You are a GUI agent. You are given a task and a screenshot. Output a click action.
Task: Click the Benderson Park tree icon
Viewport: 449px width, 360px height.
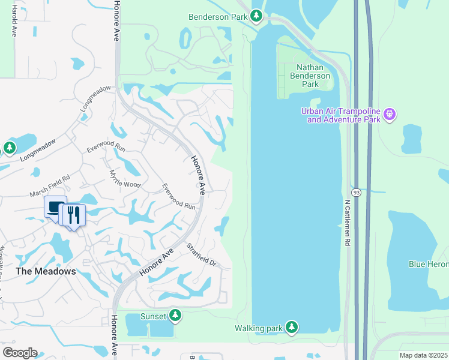(x=257, y=16)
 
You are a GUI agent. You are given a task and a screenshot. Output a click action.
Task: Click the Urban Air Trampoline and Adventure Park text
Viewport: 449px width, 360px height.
(x=343, y=116)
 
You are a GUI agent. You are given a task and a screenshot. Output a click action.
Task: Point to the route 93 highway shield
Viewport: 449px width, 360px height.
(x=356, y=192)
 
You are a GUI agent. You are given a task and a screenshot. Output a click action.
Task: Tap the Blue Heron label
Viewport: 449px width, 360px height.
(x=429, y=264)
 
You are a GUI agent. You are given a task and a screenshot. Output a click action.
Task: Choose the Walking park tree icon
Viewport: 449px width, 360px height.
(x=291, y=327)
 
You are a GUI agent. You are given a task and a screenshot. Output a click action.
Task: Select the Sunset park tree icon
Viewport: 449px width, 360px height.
(x=175, y=315)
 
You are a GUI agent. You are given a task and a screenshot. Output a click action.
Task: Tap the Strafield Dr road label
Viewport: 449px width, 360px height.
(x=200, y=255)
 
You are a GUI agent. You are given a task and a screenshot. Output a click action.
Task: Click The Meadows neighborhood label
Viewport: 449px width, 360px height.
(x=46, y=271)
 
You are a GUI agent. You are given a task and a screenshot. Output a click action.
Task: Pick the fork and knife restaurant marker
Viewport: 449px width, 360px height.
(x=74, y=215)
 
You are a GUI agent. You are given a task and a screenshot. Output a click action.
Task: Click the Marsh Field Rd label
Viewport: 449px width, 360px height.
(x=50, y=185)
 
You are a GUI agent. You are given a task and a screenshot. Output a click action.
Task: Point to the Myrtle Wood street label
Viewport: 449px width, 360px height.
(x=124, y=179)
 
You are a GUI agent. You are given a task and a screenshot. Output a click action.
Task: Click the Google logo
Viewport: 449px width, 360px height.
(x=20, y=352)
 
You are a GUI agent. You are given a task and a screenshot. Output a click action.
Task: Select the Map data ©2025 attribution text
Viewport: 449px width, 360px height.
(x=423, y=355)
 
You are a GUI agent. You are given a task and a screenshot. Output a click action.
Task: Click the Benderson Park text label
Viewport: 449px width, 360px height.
(x=217, y=17)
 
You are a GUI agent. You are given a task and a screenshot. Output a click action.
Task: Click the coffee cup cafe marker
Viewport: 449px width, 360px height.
(x=56, y=208)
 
